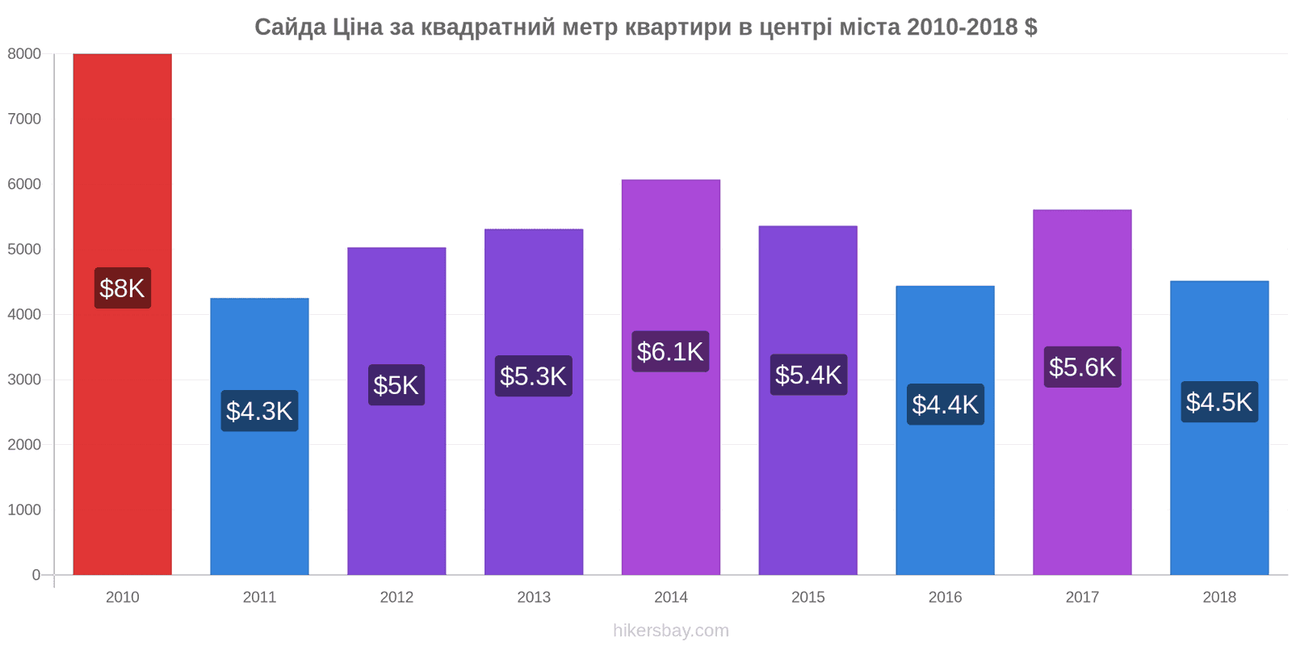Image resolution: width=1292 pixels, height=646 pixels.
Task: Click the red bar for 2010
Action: (x=122, y=314)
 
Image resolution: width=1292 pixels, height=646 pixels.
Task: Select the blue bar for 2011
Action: (x=259, y=437)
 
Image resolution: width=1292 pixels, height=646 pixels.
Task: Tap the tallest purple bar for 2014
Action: (x=671, y=377)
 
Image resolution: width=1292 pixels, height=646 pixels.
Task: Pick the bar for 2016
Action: (x=946, y=430)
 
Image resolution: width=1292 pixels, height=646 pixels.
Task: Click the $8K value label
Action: (x=123, y=287)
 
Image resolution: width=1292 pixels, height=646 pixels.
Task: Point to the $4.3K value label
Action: (x=259, y=411)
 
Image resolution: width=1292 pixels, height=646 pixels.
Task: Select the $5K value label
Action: (x=396, y=384)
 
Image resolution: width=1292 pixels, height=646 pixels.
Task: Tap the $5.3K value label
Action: (x=534, y=376)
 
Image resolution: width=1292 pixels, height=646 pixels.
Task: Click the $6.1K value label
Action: (x=670, y=351)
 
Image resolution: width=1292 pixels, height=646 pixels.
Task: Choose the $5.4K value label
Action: (x=808, y=375)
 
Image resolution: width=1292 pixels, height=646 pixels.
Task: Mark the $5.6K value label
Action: (x=1083, y=367)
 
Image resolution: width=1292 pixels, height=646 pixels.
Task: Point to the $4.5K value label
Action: (x=1219, y=402)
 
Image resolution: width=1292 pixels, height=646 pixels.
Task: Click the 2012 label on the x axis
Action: (x=396, y=597)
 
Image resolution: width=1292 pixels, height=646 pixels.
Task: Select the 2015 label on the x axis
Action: (x=808, y=597)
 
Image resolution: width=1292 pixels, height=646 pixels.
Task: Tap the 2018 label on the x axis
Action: (x=1219, y=597)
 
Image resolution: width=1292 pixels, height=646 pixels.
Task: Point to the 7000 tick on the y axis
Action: (x=24, y=119)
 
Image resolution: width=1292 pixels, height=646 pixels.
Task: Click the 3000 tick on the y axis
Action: (x=24, y=380)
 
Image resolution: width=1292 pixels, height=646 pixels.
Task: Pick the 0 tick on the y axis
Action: (x=36, y=575)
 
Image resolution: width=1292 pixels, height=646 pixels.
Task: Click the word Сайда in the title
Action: (x=290, y=27)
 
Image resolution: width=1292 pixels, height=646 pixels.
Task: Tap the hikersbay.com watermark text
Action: (x=671, y=631)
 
